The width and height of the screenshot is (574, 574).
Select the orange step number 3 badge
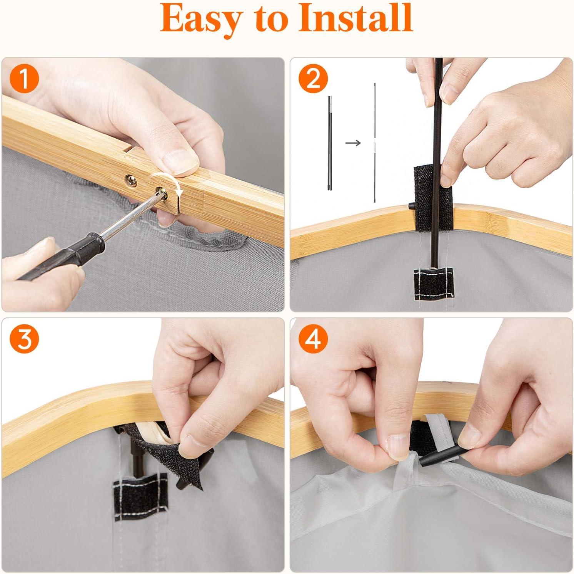click(x=24, y=340)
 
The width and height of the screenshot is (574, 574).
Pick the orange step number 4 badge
click(x=314, y=340)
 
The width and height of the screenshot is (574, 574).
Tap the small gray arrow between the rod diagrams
click(x=353, y=143)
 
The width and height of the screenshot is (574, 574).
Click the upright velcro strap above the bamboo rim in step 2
click(x=433, y=199)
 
